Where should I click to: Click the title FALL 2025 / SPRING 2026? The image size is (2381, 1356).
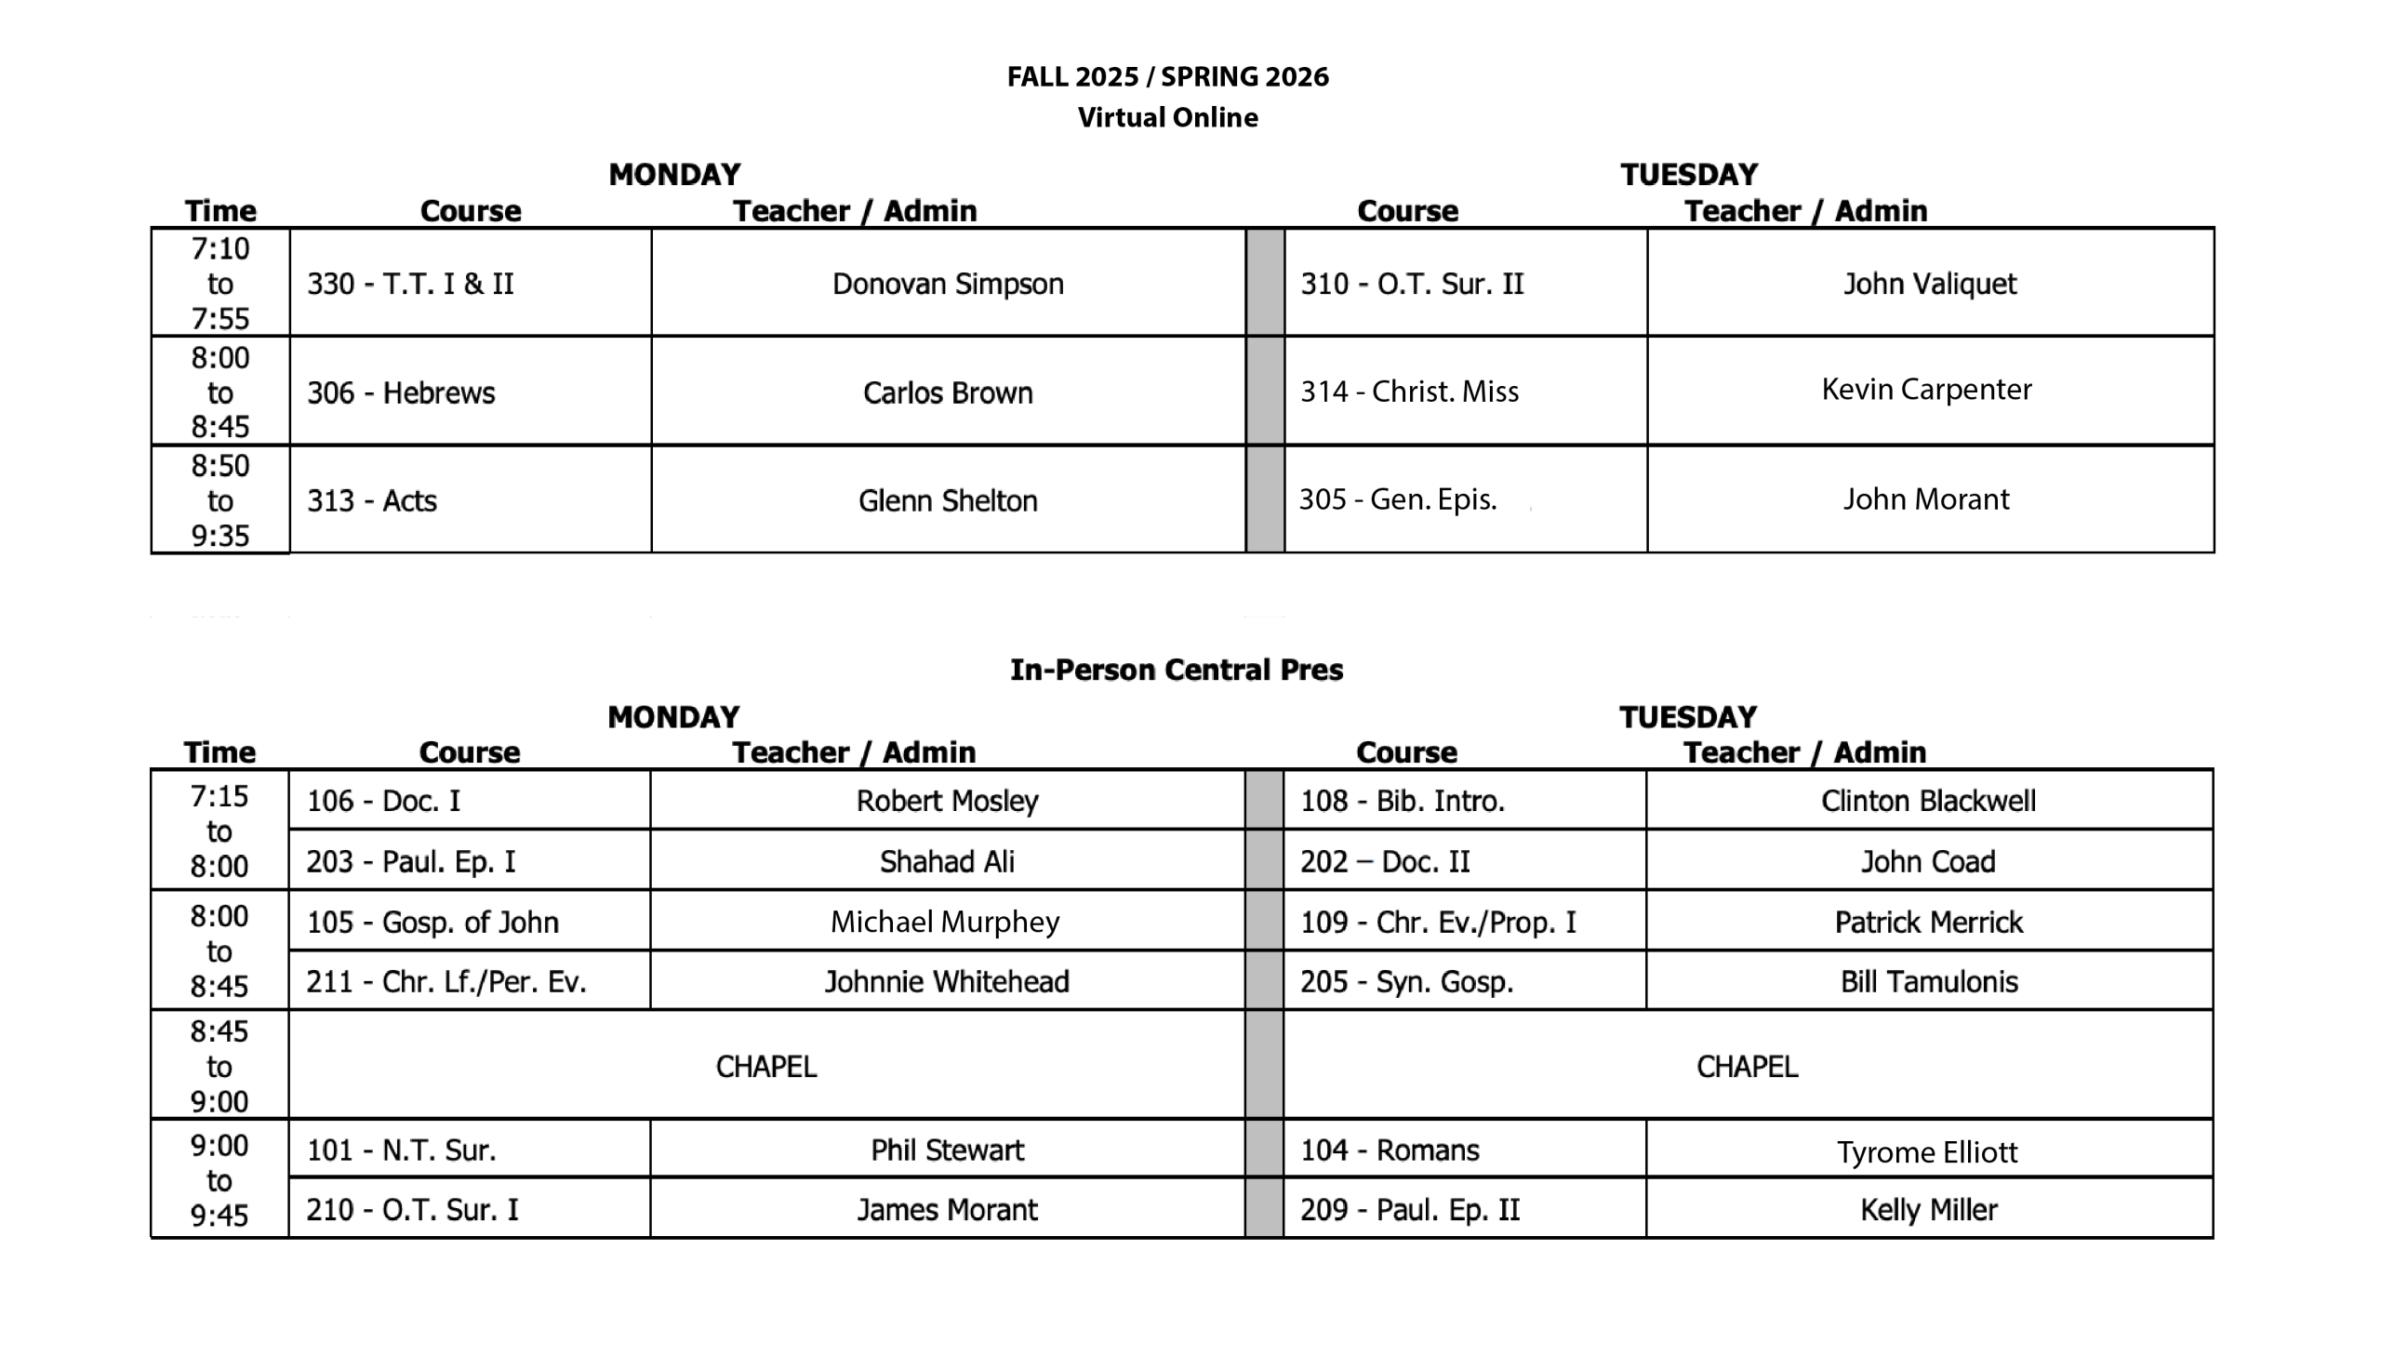1167,76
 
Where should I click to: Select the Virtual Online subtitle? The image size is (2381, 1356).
1167,117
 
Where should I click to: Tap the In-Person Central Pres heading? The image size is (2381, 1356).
1176,670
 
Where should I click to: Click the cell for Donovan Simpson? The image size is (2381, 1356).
948,283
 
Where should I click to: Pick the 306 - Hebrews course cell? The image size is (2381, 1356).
402,392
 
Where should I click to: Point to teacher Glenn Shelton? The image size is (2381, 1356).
948,500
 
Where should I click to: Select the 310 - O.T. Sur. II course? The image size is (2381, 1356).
1412,283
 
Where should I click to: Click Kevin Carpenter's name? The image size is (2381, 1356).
1926,390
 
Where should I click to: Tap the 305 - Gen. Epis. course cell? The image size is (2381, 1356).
1398,499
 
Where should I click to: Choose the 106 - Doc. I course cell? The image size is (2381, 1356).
383,800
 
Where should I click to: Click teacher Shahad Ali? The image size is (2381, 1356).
947,860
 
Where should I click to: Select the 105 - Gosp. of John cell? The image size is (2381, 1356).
433,921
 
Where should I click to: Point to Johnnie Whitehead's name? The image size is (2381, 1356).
947,980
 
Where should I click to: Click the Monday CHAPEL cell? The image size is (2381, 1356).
765,1066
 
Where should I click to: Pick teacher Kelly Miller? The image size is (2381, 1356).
1928,1209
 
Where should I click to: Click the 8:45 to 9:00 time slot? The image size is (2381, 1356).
219,1066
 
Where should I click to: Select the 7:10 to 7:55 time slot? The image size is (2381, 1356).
220,283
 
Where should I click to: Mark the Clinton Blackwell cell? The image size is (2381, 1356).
1928,800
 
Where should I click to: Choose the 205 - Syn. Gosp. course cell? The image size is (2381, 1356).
1407,980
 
